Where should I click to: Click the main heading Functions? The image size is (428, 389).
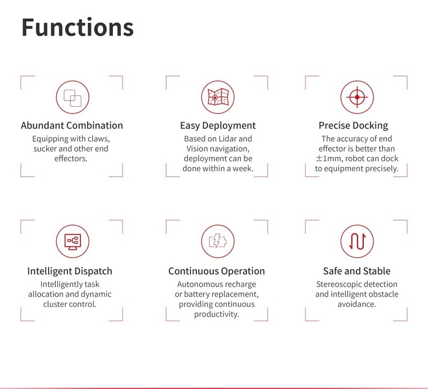77,27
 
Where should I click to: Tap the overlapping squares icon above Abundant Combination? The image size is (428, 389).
72,97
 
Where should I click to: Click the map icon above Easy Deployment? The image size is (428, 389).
218,97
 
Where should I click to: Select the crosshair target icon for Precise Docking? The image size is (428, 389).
357,97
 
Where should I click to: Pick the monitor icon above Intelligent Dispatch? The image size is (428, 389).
72,242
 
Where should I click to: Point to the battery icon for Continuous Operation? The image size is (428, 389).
218,242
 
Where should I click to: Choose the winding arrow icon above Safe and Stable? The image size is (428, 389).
357,242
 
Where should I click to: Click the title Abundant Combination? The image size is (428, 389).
72,126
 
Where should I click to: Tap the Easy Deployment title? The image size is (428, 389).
218,126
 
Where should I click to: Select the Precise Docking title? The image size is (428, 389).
353,126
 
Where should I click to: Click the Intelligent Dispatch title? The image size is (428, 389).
70,271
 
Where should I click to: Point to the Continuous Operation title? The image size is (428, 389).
217,271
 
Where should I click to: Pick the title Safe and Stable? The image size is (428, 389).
357,271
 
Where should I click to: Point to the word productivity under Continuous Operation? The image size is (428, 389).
217,315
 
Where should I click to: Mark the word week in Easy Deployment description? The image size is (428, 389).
243,169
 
